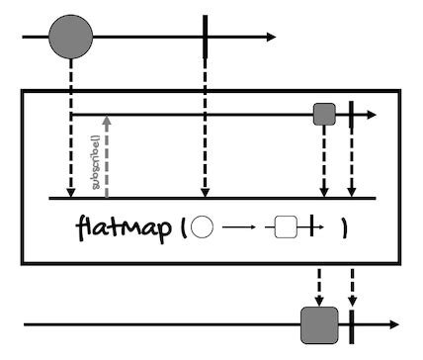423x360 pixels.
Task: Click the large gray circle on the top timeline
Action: tap(70, 38)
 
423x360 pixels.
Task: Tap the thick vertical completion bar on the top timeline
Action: tap(205, 38)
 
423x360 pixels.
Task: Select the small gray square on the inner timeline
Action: tap(324, 115)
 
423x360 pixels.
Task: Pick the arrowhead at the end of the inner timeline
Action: tap(372, 115)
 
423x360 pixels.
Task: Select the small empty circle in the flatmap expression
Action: tap(202, 227)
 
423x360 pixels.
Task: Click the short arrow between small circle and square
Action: tap(239, 228)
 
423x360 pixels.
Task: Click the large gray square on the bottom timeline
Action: tap(319, 323)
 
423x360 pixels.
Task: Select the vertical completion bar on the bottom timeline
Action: tap(351, 323)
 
